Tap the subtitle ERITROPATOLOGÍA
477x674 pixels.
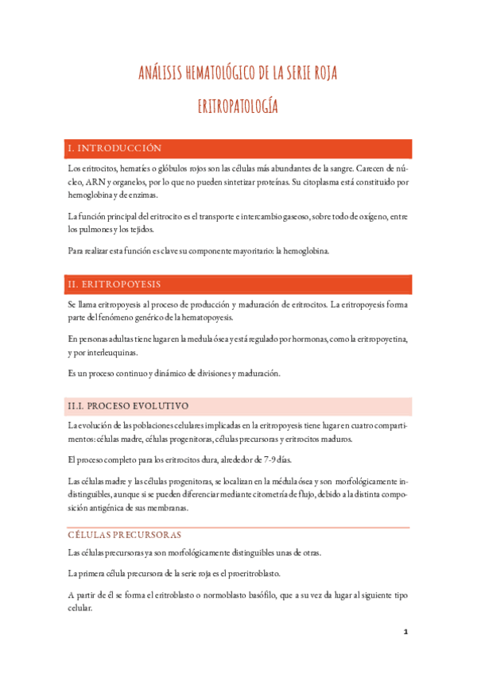click(238, 107)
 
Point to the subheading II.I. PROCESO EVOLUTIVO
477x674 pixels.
click(128, 405)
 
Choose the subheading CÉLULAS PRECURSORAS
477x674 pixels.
click(124, 535)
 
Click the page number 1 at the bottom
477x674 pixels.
click(405, 632)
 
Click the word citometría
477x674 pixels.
click(264, 494)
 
